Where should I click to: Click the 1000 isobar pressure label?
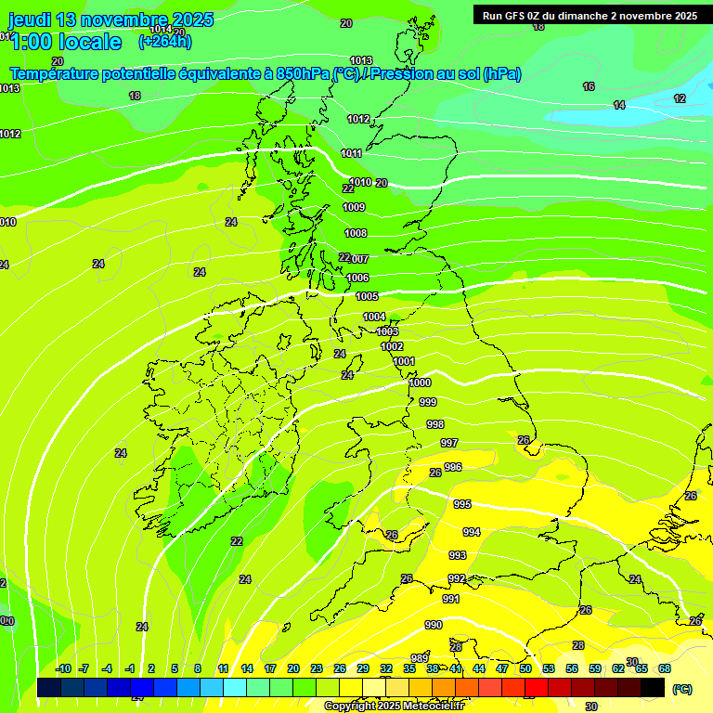tap(420, 382)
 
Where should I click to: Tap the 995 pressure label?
tap(461, 503)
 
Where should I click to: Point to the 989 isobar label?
tap(419, 658)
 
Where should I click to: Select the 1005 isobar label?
tap(367, 296)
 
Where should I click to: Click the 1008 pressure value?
tap(356, 233)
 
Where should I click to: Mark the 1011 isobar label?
tap(351, 153)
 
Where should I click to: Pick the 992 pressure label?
tap(457, 578)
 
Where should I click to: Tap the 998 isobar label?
tap(434, 423)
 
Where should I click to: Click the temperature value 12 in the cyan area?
tap(680, 98)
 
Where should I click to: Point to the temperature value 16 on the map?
tap(589, 86)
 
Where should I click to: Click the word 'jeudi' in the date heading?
tap(31, 19)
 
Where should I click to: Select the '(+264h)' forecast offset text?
tap(165, 41)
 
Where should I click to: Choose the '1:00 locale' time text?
tap(65, 42)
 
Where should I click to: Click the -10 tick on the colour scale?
tap(63, 668)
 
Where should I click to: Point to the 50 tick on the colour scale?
tap(525, 668)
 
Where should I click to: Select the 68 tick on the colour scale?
tap(665, 668)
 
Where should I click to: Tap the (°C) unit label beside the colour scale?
tap(682, 688)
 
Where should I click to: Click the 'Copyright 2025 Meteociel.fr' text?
tap(393, 707)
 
